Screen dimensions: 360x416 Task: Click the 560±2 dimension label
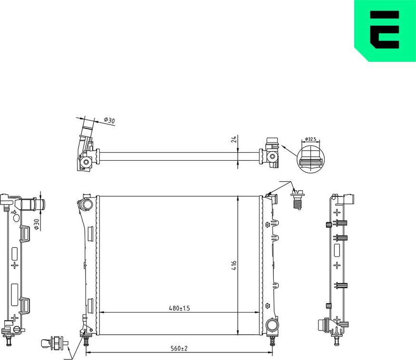pos(179,349)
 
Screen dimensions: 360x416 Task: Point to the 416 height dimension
pos(234,266)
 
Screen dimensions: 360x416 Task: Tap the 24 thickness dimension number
pos(234,139)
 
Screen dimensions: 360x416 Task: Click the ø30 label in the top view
pos(109,121)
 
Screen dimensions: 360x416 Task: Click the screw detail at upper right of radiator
pos(298,200)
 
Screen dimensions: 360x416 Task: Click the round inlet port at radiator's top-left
pos(86,204)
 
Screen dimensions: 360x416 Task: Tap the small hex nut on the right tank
pos(267,305)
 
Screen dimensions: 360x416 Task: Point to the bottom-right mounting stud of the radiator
pos(272,341)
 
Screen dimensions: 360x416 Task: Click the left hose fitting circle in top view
pos(87,163)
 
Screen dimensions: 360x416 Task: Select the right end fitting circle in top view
pos(271,156)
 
